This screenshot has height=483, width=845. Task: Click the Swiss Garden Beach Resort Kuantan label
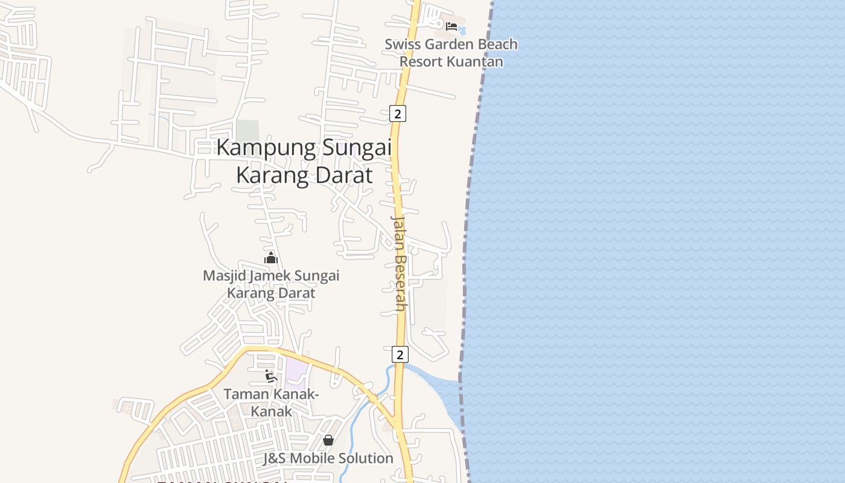451,53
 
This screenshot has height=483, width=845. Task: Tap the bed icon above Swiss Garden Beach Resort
451,26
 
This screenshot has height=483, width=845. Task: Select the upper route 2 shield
397,113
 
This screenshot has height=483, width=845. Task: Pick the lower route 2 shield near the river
400,354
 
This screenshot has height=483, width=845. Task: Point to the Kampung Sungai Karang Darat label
304,161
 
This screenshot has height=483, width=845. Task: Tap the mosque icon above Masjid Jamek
271,258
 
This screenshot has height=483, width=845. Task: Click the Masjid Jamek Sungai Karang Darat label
271,284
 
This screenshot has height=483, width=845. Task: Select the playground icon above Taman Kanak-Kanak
271,376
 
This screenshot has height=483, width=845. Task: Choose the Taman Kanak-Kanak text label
271,403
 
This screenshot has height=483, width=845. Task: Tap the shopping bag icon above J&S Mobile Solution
328,440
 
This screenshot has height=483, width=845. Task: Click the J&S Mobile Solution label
328,458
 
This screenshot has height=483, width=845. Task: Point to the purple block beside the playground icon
296,370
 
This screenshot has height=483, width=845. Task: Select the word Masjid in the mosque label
222,276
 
